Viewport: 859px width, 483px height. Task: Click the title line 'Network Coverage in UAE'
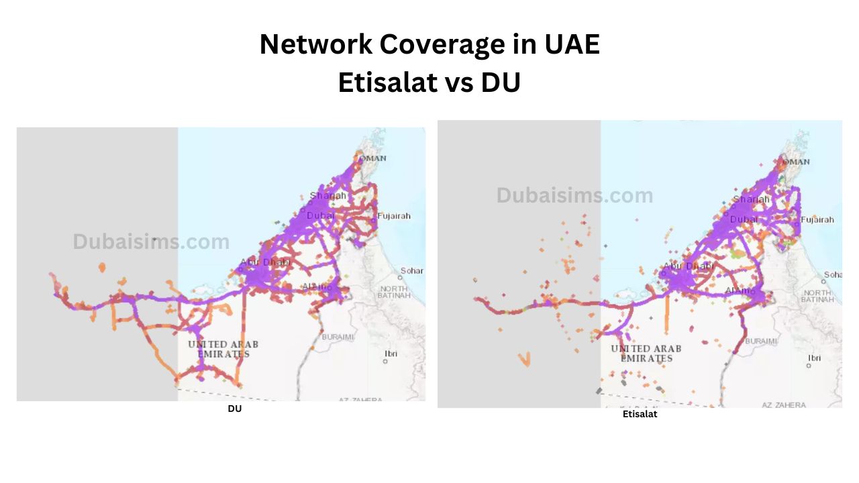tap(429, 45)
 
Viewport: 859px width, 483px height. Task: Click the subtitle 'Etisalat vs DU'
tap(429, 83)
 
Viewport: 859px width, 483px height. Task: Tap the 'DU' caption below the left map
tap(234, 409)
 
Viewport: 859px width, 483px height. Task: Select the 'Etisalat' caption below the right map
tap(640, 415)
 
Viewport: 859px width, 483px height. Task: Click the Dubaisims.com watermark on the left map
tap(151, 241)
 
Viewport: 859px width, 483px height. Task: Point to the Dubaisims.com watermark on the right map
tap(574, 195)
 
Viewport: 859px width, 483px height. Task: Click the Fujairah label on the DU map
tap(393, 216)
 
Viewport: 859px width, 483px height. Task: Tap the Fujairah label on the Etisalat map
tap(817, 219)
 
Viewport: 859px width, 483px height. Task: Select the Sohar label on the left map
tap(411, 271)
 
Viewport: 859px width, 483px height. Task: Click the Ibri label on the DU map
tap(391, 354)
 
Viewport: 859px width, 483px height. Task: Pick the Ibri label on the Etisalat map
tap(813, 358)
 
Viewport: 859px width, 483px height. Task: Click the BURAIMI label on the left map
tap(338, 337)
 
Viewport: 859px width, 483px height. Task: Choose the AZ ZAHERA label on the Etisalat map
tap(784, 405)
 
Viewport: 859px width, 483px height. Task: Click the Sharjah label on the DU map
tap(328, 196)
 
